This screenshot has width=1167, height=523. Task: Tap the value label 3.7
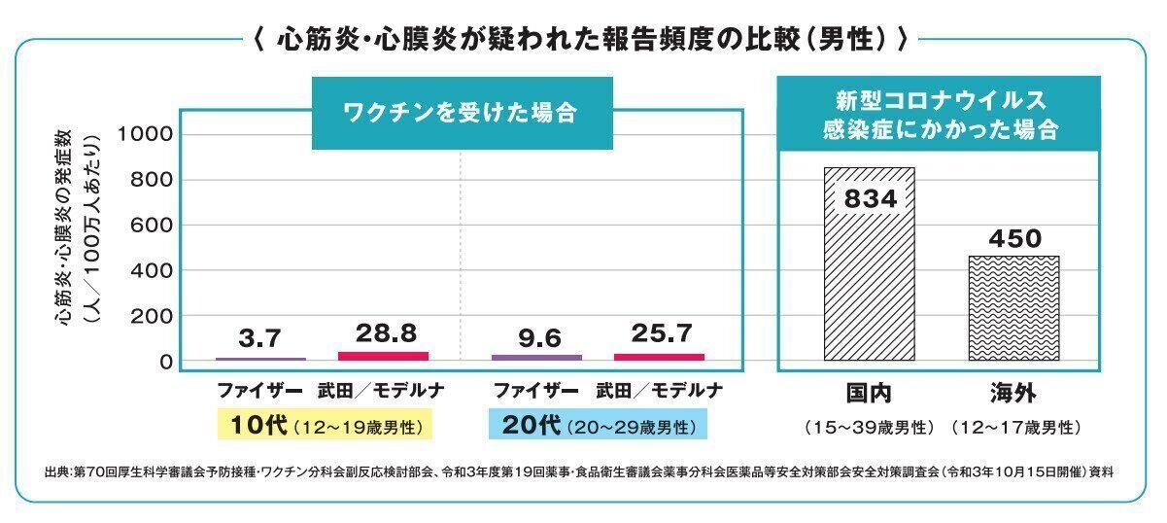(259, 338)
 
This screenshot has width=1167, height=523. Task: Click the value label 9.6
(540, 338)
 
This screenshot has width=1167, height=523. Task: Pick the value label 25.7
(661, 333)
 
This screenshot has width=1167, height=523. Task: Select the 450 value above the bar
(1015, 238)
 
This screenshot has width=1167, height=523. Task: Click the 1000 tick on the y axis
(146, 134)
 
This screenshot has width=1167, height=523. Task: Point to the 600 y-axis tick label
(153, 226)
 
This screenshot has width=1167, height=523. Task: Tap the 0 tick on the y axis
(166, 362)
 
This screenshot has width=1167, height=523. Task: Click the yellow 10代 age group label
(326, 426)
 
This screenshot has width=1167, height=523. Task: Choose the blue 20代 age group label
(599, 426)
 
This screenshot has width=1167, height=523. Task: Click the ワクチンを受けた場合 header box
(462, 113)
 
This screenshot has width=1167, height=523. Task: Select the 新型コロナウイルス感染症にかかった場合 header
(939, 115)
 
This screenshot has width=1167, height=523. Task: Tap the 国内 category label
(868, 393)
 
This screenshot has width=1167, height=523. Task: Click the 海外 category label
(1014, 393)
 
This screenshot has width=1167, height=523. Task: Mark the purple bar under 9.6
(537, 358)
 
